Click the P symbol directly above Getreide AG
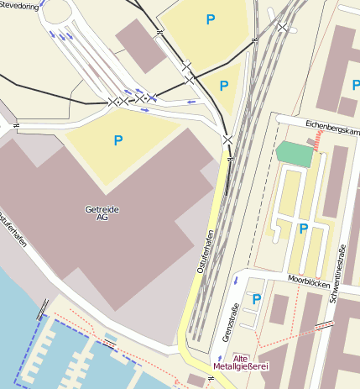(118, 140)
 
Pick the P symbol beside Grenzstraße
(257, 298)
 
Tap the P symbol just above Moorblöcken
(303, 228)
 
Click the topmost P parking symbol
(210, 18)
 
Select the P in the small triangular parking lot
(223, 85)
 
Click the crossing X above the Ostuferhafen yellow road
(227, 139)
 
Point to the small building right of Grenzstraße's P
(279, 308)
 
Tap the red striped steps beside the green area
(318, 144)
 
